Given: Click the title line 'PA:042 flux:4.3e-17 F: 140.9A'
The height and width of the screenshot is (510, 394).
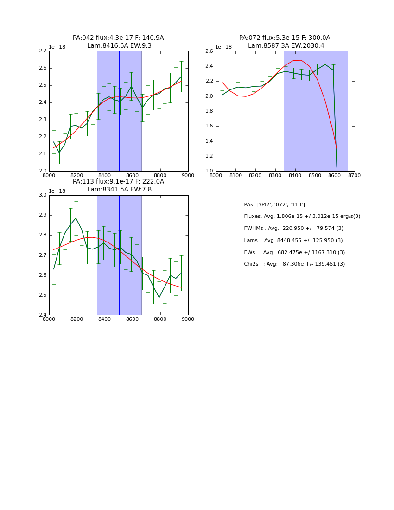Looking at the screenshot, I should click(118, 38).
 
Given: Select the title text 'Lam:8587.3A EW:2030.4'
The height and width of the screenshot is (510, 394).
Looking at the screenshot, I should click(286, 46).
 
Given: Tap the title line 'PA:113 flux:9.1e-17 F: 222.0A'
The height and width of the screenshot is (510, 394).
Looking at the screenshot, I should click(118, 182).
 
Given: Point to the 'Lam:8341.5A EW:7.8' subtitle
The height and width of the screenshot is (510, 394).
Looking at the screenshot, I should click(119, 190).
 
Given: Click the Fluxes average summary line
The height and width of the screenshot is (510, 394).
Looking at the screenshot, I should click(302, 217).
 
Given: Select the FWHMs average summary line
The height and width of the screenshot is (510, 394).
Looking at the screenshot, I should click(293, 229).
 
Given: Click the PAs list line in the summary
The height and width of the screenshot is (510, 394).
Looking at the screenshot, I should click(274, 205).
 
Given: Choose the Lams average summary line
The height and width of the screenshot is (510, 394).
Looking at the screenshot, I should click(293, 241).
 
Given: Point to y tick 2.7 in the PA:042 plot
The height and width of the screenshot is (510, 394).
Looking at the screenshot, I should click(43, 51).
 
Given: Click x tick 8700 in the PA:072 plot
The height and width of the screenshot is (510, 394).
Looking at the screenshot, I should click(354, 175).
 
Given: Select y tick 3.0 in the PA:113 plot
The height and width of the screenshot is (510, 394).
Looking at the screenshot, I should click(43, 195).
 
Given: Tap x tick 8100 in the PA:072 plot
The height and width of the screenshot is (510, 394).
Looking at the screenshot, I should click(235, 175).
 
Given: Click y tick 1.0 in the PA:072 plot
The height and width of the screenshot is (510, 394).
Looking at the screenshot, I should click(210, 171).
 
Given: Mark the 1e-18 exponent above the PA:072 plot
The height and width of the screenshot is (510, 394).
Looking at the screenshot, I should click(223, 47).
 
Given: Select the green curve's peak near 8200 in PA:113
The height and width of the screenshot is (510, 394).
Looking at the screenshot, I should click(76, 218).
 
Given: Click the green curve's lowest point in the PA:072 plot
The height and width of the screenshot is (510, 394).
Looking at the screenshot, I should click(337, 169).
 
